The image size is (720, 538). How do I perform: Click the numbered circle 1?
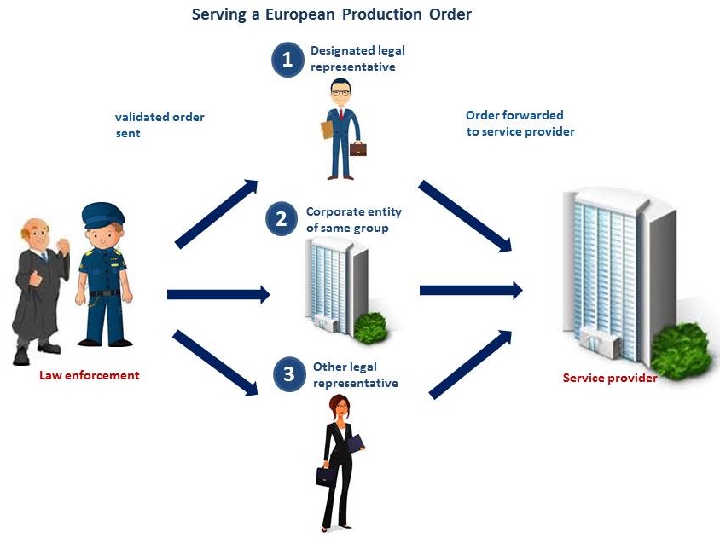[x=287, y=60]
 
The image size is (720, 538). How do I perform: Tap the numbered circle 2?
[x=281, y=219]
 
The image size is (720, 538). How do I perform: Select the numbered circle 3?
[x=289, y=373]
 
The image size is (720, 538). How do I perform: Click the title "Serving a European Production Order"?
[x=332, y=14]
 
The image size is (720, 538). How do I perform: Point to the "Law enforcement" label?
[x=90, y=375]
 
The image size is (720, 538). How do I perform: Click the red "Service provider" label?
[x=610, y=378]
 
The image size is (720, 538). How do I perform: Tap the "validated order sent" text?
[x=160, y=124]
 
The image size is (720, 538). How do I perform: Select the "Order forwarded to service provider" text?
[x=520, y=123]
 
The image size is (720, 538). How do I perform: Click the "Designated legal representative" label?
[x=357, y=59]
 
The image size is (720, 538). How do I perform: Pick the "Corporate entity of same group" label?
[x=353, y=219]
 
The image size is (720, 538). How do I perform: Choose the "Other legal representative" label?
[x=355, y=375]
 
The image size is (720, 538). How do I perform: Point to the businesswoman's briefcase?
[x=324, y=476]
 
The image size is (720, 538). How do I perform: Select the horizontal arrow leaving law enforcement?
[x=218, y=295]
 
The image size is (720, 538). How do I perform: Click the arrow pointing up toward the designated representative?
[x=217, y=213]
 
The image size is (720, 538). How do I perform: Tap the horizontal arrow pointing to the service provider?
[x=470, y=291]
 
